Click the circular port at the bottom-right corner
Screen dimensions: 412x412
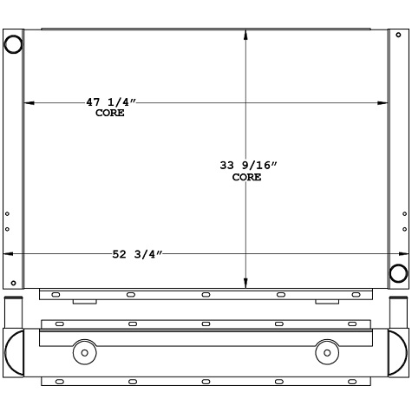tap(398, 273)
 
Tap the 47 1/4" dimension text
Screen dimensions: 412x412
tap(112, 102)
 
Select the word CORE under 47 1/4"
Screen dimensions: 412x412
tap(110, 113)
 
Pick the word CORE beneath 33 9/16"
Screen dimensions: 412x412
tap(247, 177)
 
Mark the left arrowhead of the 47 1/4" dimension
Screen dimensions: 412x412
tap(28, 103)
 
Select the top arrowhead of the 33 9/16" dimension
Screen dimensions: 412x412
tap(247, 33)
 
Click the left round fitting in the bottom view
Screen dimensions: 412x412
tap(84, 352)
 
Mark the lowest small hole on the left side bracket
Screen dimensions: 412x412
tap(14, 283)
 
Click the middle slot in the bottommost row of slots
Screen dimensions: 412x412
tap(206, 382)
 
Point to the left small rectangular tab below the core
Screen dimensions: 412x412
tap(84, 302)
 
